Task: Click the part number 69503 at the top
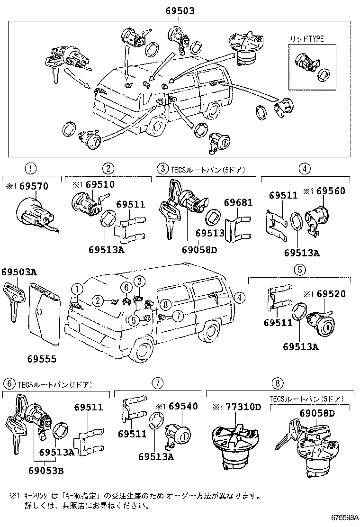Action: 180,11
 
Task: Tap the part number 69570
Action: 34,187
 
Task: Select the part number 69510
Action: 100,184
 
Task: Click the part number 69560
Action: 331,191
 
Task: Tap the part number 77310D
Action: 243,406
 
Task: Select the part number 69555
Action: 40,359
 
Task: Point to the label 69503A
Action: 18,272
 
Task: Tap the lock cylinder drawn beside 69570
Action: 35,214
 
